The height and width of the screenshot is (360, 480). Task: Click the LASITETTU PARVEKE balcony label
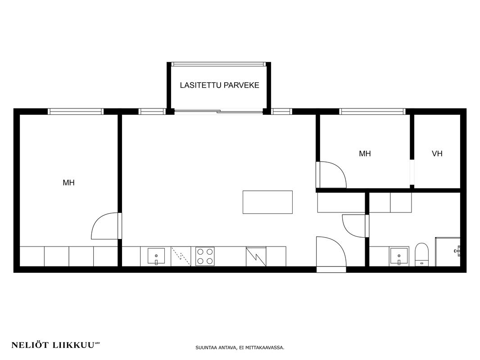(219, 85)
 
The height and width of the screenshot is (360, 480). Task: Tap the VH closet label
(437, 153)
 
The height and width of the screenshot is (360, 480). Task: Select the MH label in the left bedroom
(68, 183)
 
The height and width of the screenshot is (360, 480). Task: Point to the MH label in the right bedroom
(365, 153)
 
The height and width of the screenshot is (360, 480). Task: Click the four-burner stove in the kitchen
(205, 256)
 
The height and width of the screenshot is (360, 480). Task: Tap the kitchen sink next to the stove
(156, 256)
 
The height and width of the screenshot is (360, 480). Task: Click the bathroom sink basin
(398, 256)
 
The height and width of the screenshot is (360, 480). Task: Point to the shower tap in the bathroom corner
(457, 250)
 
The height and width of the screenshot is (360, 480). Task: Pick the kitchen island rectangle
(267, 202)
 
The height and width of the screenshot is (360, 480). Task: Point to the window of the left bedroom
(76, 111)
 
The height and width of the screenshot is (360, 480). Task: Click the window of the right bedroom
(372, 111)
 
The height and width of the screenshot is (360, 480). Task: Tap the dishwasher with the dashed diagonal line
(181, 256)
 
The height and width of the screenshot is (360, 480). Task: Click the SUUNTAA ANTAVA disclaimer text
(240, 348)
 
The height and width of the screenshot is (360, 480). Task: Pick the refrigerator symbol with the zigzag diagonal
(256, 256)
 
